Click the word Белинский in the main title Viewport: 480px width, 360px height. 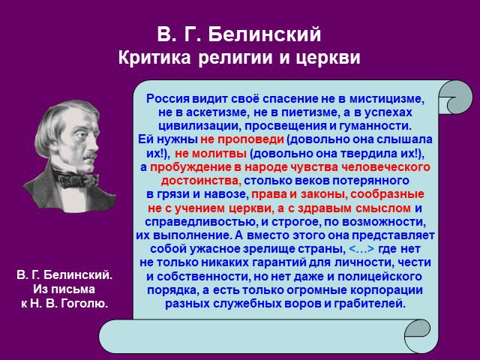[265, 34]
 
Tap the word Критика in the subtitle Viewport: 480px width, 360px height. [154, 57]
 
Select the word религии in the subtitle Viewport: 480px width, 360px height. [235, 58]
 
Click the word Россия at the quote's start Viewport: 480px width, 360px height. [168, 98]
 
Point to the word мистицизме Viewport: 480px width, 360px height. [387, 98]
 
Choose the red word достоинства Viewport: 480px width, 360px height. [201, 181]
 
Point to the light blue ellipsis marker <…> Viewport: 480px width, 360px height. [361, 248]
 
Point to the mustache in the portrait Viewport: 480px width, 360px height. [91, 155]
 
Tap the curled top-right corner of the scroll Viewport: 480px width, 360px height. [455, 97]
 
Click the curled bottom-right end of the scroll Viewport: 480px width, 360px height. [418, 336]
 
